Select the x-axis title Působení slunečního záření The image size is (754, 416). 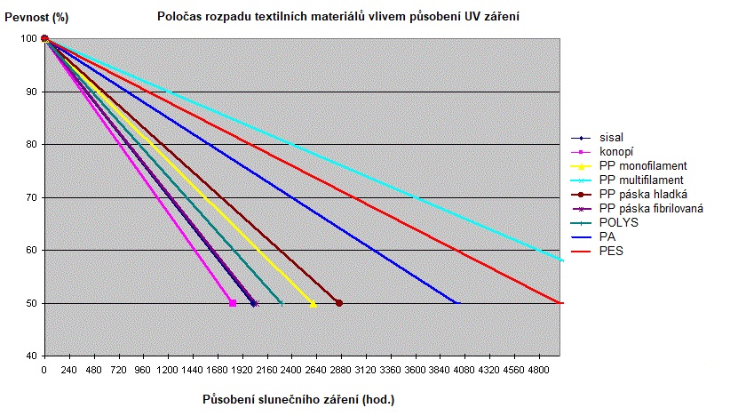298,399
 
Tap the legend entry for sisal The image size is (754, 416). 611,138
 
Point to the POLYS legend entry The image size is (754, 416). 618,223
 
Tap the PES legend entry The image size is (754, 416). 611,252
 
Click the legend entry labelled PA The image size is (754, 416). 607,237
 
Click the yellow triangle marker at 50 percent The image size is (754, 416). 313,303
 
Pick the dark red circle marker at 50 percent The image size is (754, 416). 339,303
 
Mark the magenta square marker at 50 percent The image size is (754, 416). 233,303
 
